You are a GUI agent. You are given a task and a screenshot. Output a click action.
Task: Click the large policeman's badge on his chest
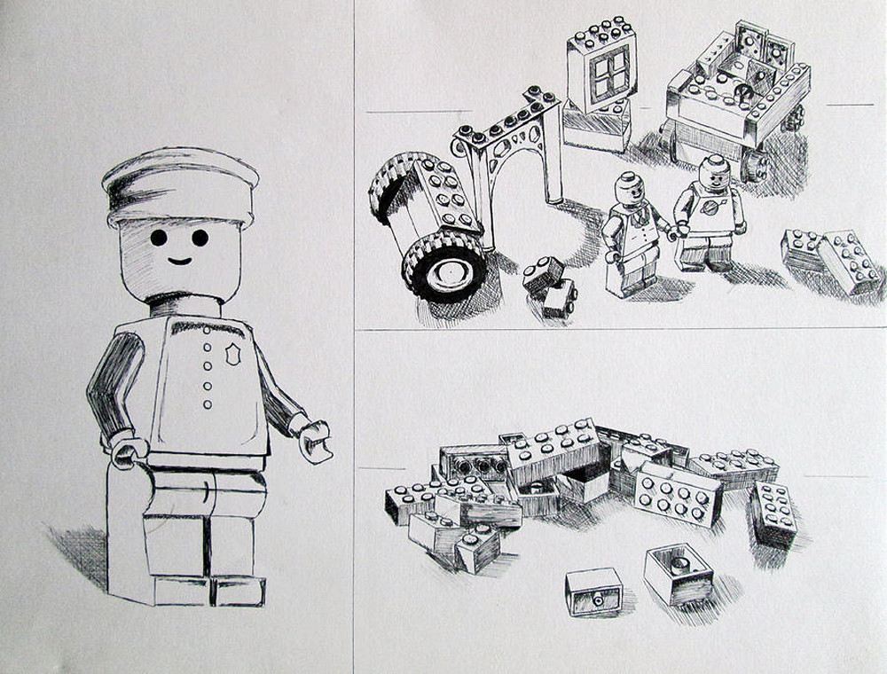coord(233,355)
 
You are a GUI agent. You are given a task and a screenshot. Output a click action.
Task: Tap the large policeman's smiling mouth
coord(179,261)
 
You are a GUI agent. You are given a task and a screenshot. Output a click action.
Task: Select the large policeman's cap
coord(180,187)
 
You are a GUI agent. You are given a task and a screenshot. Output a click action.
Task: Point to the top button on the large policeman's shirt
coord(208,330)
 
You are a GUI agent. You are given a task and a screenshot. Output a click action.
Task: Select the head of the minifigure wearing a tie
coord(629,189)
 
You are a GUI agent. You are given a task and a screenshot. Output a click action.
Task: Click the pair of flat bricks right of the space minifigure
coord(831,259)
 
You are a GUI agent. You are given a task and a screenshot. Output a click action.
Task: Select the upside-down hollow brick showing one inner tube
coord(679,571)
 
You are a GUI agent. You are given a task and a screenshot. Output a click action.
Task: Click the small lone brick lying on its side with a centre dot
coord(593,592)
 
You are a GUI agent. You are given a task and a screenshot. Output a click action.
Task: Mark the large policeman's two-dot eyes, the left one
coord(158,238)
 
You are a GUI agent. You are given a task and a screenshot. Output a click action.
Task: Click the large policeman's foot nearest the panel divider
coord(238,590)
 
